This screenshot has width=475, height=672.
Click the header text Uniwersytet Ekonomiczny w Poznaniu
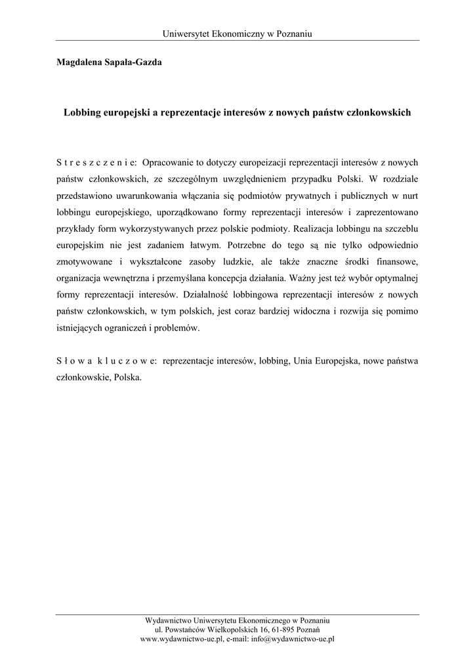237,34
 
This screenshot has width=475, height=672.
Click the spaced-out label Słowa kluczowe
106,361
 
